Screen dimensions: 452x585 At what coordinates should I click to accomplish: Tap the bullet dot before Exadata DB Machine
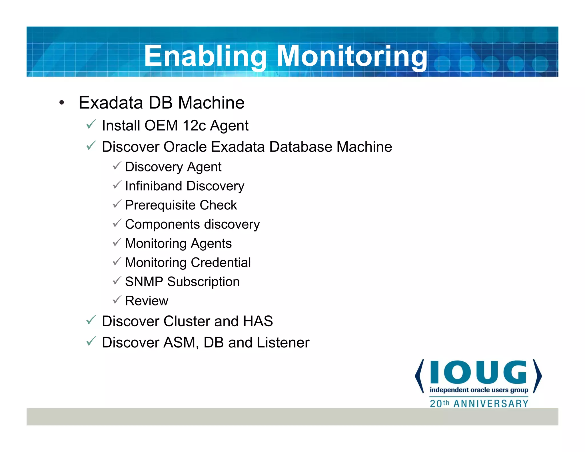[x=62, y=103]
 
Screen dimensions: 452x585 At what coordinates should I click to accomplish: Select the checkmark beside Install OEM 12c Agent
[x=91, y=125]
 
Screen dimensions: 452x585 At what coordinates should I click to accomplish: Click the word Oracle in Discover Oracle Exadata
[x=185, y=147]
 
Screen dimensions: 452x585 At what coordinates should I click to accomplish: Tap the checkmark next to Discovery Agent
[x=117, y=166]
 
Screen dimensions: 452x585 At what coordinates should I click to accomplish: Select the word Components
[x=162, y=225]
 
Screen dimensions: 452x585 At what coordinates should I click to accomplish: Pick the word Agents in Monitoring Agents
[x=211, y=244]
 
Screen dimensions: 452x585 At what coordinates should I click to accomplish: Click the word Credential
[x=221, y=263]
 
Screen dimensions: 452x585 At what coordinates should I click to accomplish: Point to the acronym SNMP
[x=144, y=282]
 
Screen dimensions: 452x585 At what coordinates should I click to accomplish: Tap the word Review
[x=147, y=301]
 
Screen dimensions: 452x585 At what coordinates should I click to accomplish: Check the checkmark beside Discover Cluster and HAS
[x=91, y=320]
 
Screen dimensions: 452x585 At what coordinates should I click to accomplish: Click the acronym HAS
[x=258, y=321]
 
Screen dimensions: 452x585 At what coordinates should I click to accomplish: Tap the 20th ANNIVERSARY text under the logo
[x=479, y=404]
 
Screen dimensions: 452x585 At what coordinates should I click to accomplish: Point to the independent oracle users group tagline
[x=479, y=390]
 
